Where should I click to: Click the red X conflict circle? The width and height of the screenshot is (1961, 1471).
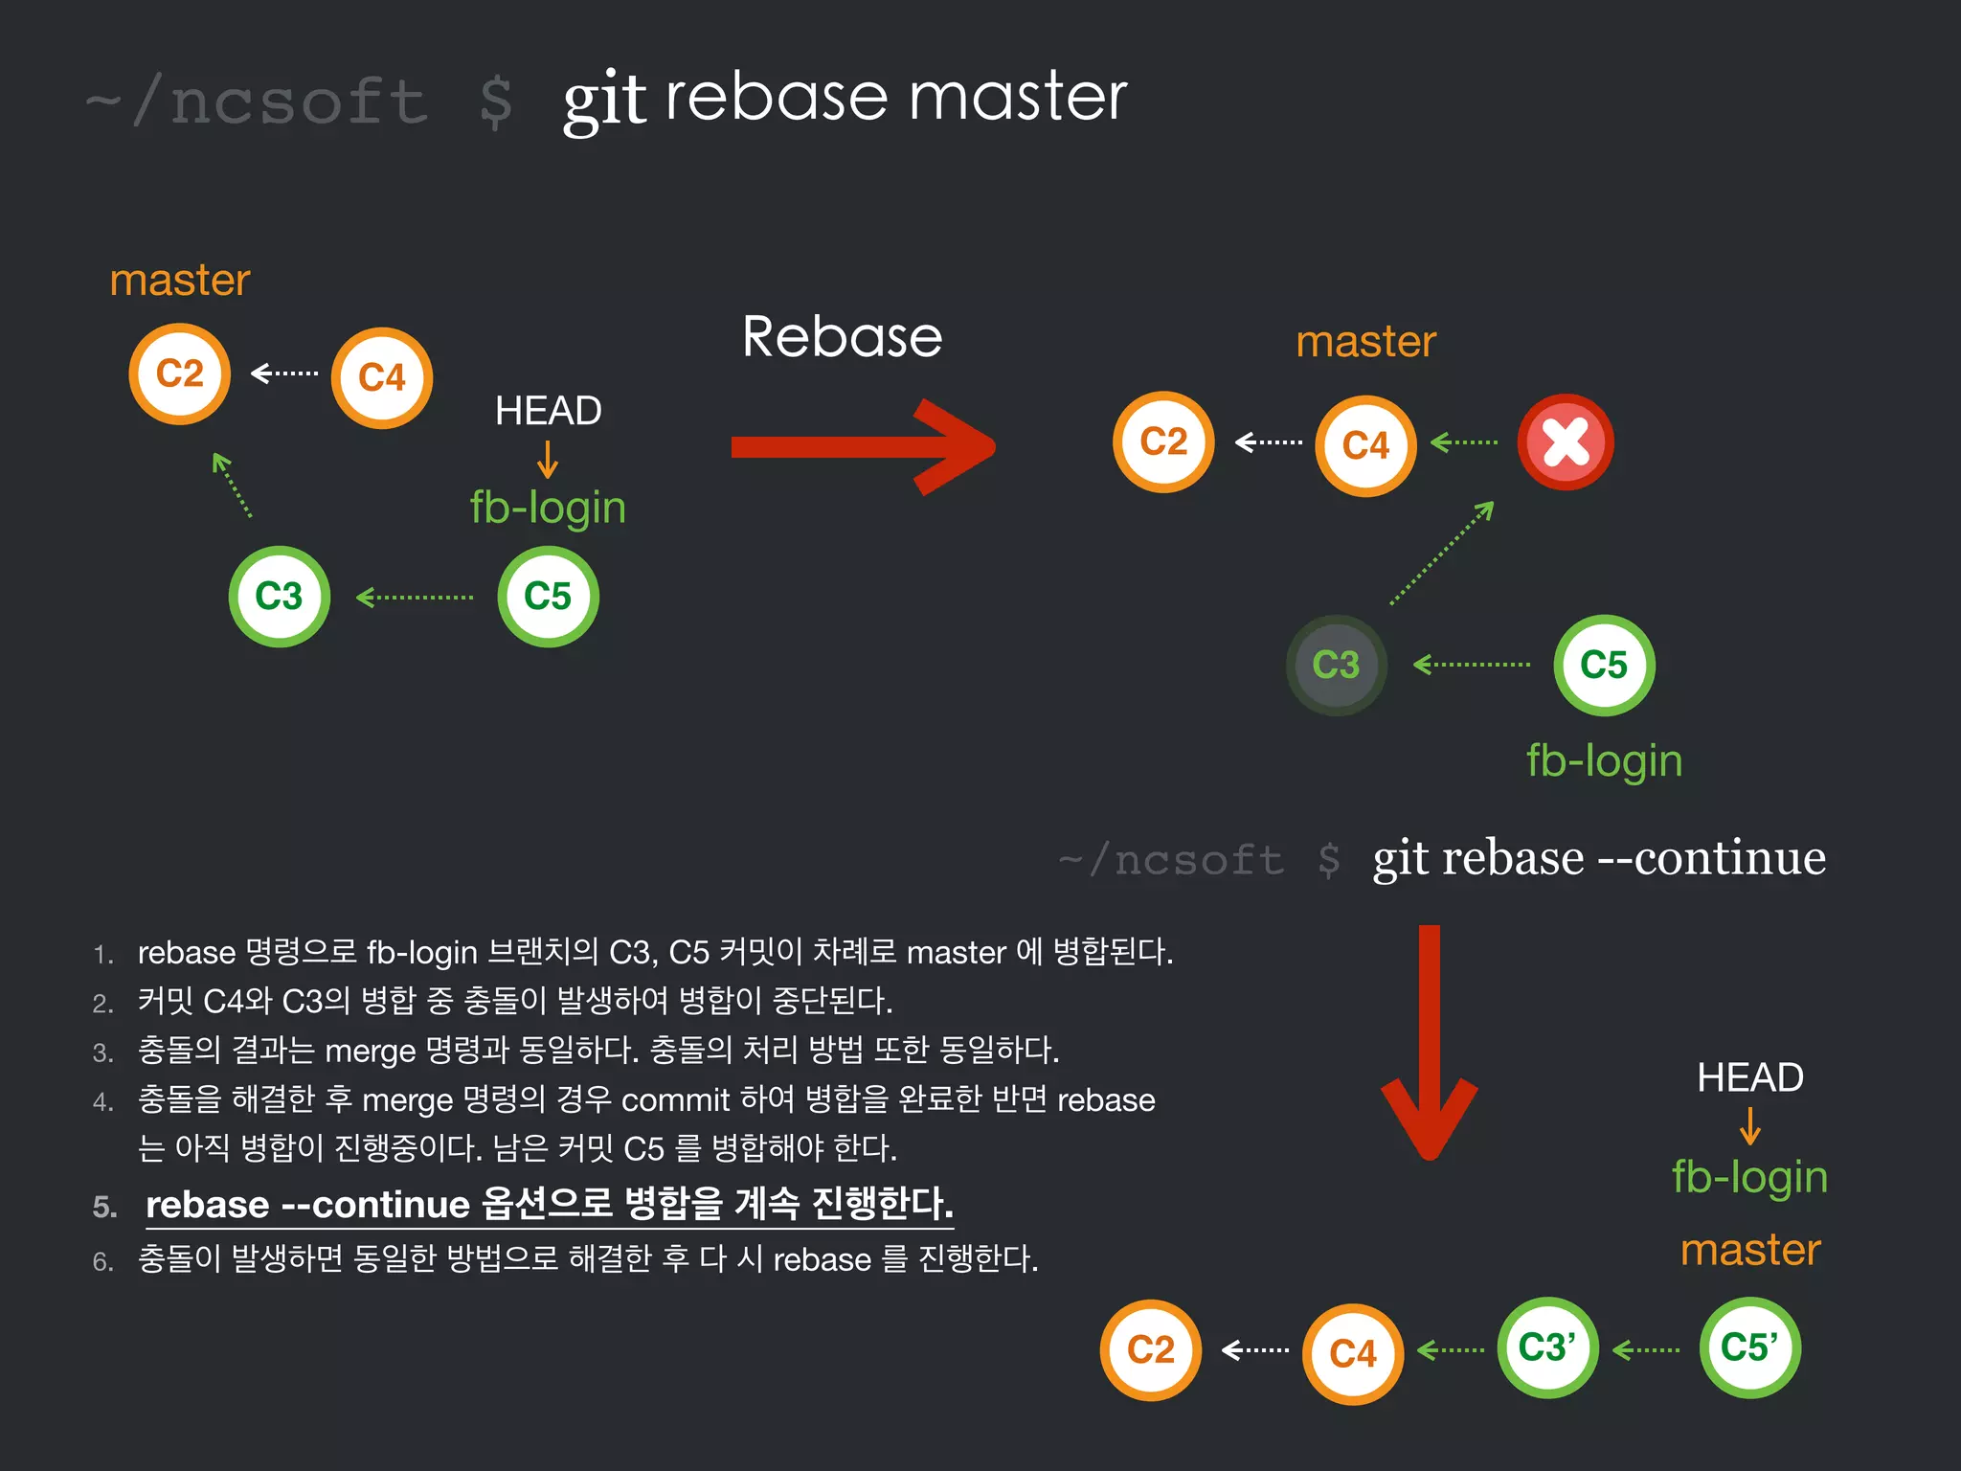pos(1566,442)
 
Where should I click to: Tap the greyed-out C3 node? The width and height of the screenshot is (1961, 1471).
pos(1336,665)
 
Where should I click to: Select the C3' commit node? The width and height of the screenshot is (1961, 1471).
pos(1547,1347)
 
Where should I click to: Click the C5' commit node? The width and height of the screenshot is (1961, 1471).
pos(1749,1347)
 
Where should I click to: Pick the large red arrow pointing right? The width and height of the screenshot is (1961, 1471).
pos(862,447)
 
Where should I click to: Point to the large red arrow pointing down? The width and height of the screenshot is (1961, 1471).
pos(1429,1044)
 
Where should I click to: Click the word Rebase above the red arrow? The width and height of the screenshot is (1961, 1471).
pos(842,337)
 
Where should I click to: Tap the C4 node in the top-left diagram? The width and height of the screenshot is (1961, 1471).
pos(381,377)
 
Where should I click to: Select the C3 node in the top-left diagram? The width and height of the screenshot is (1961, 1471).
pos(279,597)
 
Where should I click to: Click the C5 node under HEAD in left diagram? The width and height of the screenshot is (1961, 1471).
pos(548,597)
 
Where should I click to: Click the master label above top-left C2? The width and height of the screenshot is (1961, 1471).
pos(179,281)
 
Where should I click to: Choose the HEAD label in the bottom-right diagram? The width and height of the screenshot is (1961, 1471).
pos(1749,1077)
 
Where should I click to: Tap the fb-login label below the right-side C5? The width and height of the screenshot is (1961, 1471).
pos(1604,761)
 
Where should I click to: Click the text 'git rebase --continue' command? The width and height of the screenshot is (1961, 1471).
pos(1598,858)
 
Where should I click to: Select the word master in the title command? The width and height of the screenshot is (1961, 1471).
pos(1017,98)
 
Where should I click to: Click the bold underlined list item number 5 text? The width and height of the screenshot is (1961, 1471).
pos(549,1204)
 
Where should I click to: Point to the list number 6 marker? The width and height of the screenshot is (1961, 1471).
pos(102,1261)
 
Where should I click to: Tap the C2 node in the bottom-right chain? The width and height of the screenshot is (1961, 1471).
pos(1150,1350)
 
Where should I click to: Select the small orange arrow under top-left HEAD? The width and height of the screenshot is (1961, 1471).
pos(548,460)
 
